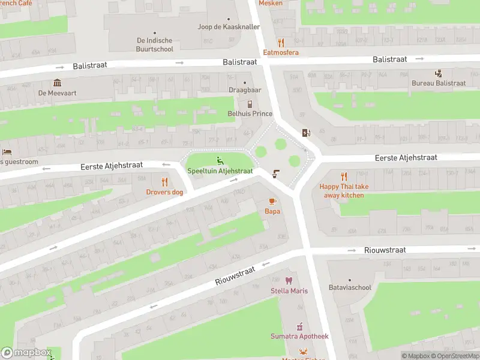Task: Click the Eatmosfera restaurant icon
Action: pyautogui.click(x=281, y=42)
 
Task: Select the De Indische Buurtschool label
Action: pyautogui.click(x=155, y=45)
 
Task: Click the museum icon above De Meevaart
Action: pyautogui.click(x=57, y=83)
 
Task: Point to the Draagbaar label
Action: pyautogui.click(x=244, y=90)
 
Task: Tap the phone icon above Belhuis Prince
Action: pyautogui.click(x=250, y=104)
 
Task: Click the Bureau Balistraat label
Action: pyautogui.click(x=439, y=83)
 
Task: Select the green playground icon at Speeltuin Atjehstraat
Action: pyautogui.click(x=220, y=160)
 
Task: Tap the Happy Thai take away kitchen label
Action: pyautogui.click(x=344, y=191)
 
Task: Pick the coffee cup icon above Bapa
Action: pyautogui.click(x=272, y=201)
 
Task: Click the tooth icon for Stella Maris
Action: pyautogui.click(x=289, y=281)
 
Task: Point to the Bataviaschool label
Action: pyautogui.click(x=350, y=287)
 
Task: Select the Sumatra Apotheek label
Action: pyautogui.click(x=299, y=337)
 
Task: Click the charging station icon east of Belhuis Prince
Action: pyautogui.click(x=307, y=133)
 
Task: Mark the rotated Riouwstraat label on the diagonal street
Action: pyautogui.click(x=236, y=276)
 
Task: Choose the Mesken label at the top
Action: pyautogui.click(x=270, y=3)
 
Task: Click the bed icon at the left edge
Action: pyautogui.click(x=6, y=152)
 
